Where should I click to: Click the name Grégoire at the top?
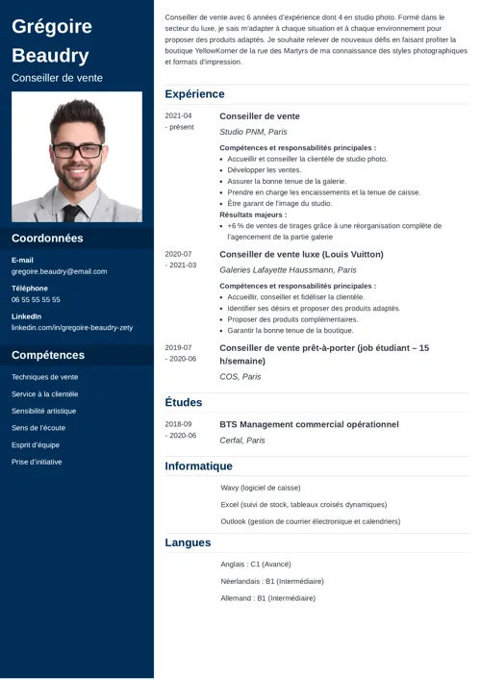click(52, 26)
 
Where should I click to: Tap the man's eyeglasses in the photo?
click(76, 150)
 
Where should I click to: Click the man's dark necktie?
click(72, 213)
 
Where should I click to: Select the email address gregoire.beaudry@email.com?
click(59, 271)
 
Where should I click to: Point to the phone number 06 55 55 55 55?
click(36, 299)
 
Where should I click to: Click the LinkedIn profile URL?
click(72, 327)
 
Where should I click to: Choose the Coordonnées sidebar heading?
click(47, 239)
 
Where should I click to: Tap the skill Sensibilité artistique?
click(43, 411)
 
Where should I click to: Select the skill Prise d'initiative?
click(37, 462)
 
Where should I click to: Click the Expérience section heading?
click(194, 94)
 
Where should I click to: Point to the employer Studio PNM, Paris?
click(253, 132)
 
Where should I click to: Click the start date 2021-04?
click(178, 115)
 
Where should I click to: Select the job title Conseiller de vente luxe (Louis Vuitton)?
click(301, 254)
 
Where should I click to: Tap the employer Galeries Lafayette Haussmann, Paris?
click(288, 270)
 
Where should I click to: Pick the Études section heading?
click(183, 402)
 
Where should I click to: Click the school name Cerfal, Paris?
click(242, 440)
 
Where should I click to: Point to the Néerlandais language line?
click(272, 581)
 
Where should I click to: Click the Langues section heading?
click(188, 542)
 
